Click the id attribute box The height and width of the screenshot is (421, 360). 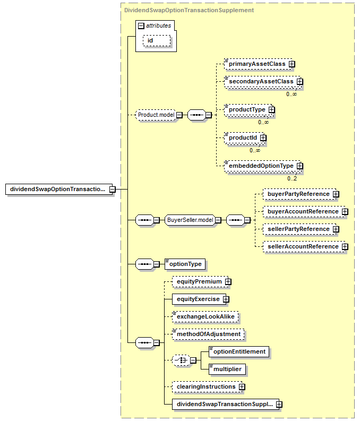tap(157, 40)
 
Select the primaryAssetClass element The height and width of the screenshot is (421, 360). tap(258, 64)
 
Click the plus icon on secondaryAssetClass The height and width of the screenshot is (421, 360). tap(300, 81)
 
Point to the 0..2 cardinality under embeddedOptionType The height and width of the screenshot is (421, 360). tap(292, 178)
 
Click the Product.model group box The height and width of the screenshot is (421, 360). tap(156, 115)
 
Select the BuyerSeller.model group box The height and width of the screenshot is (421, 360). tap(190, 220)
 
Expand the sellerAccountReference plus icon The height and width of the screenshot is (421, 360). tap(345, 246)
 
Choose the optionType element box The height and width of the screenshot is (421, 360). tap(185, 264)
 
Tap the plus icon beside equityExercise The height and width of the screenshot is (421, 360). tap(226, 299)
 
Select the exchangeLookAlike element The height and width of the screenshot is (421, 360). tap(205, 317)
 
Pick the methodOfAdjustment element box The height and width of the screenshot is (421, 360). tap(208, 334)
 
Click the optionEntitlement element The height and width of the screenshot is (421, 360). tap(239, 352)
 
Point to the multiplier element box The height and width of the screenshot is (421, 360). tap(227, 369)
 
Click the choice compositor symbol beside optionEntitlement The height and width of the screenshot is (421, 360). tap(181, 360)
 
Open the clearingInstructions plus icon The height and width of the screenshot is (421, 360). tap(242, 387)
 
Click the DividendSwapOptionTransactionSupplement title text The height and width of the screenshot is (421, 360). tap(189, 10)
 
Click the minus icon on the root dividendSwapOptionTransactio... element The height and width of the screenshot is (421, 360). tap(112, 190)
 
